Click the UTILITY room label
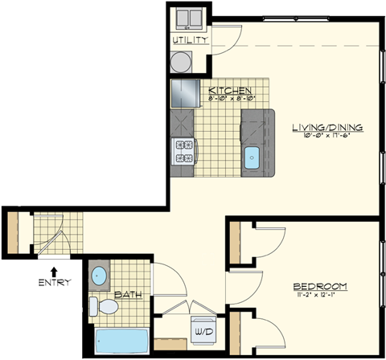point(191,39)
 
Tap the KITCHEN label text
point(230,90)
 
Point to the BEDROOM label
point(319,287)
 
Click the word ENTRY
point(54,282)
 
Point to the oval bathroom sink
point(100,276)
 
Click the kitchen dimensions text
point(231,99)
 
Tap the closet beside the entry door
point(14,231)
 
